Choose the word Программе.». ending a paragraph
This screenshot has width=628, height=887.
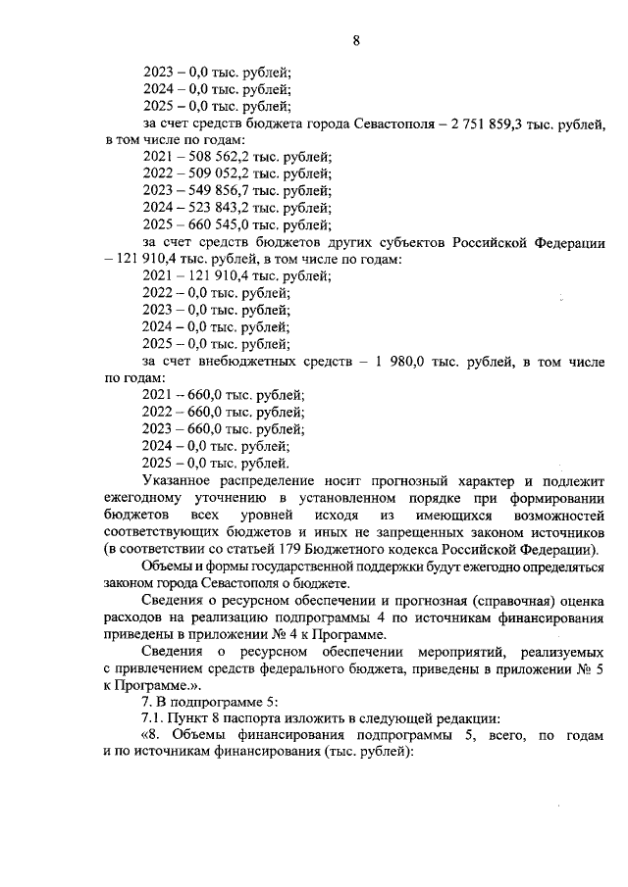[148, 687]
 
